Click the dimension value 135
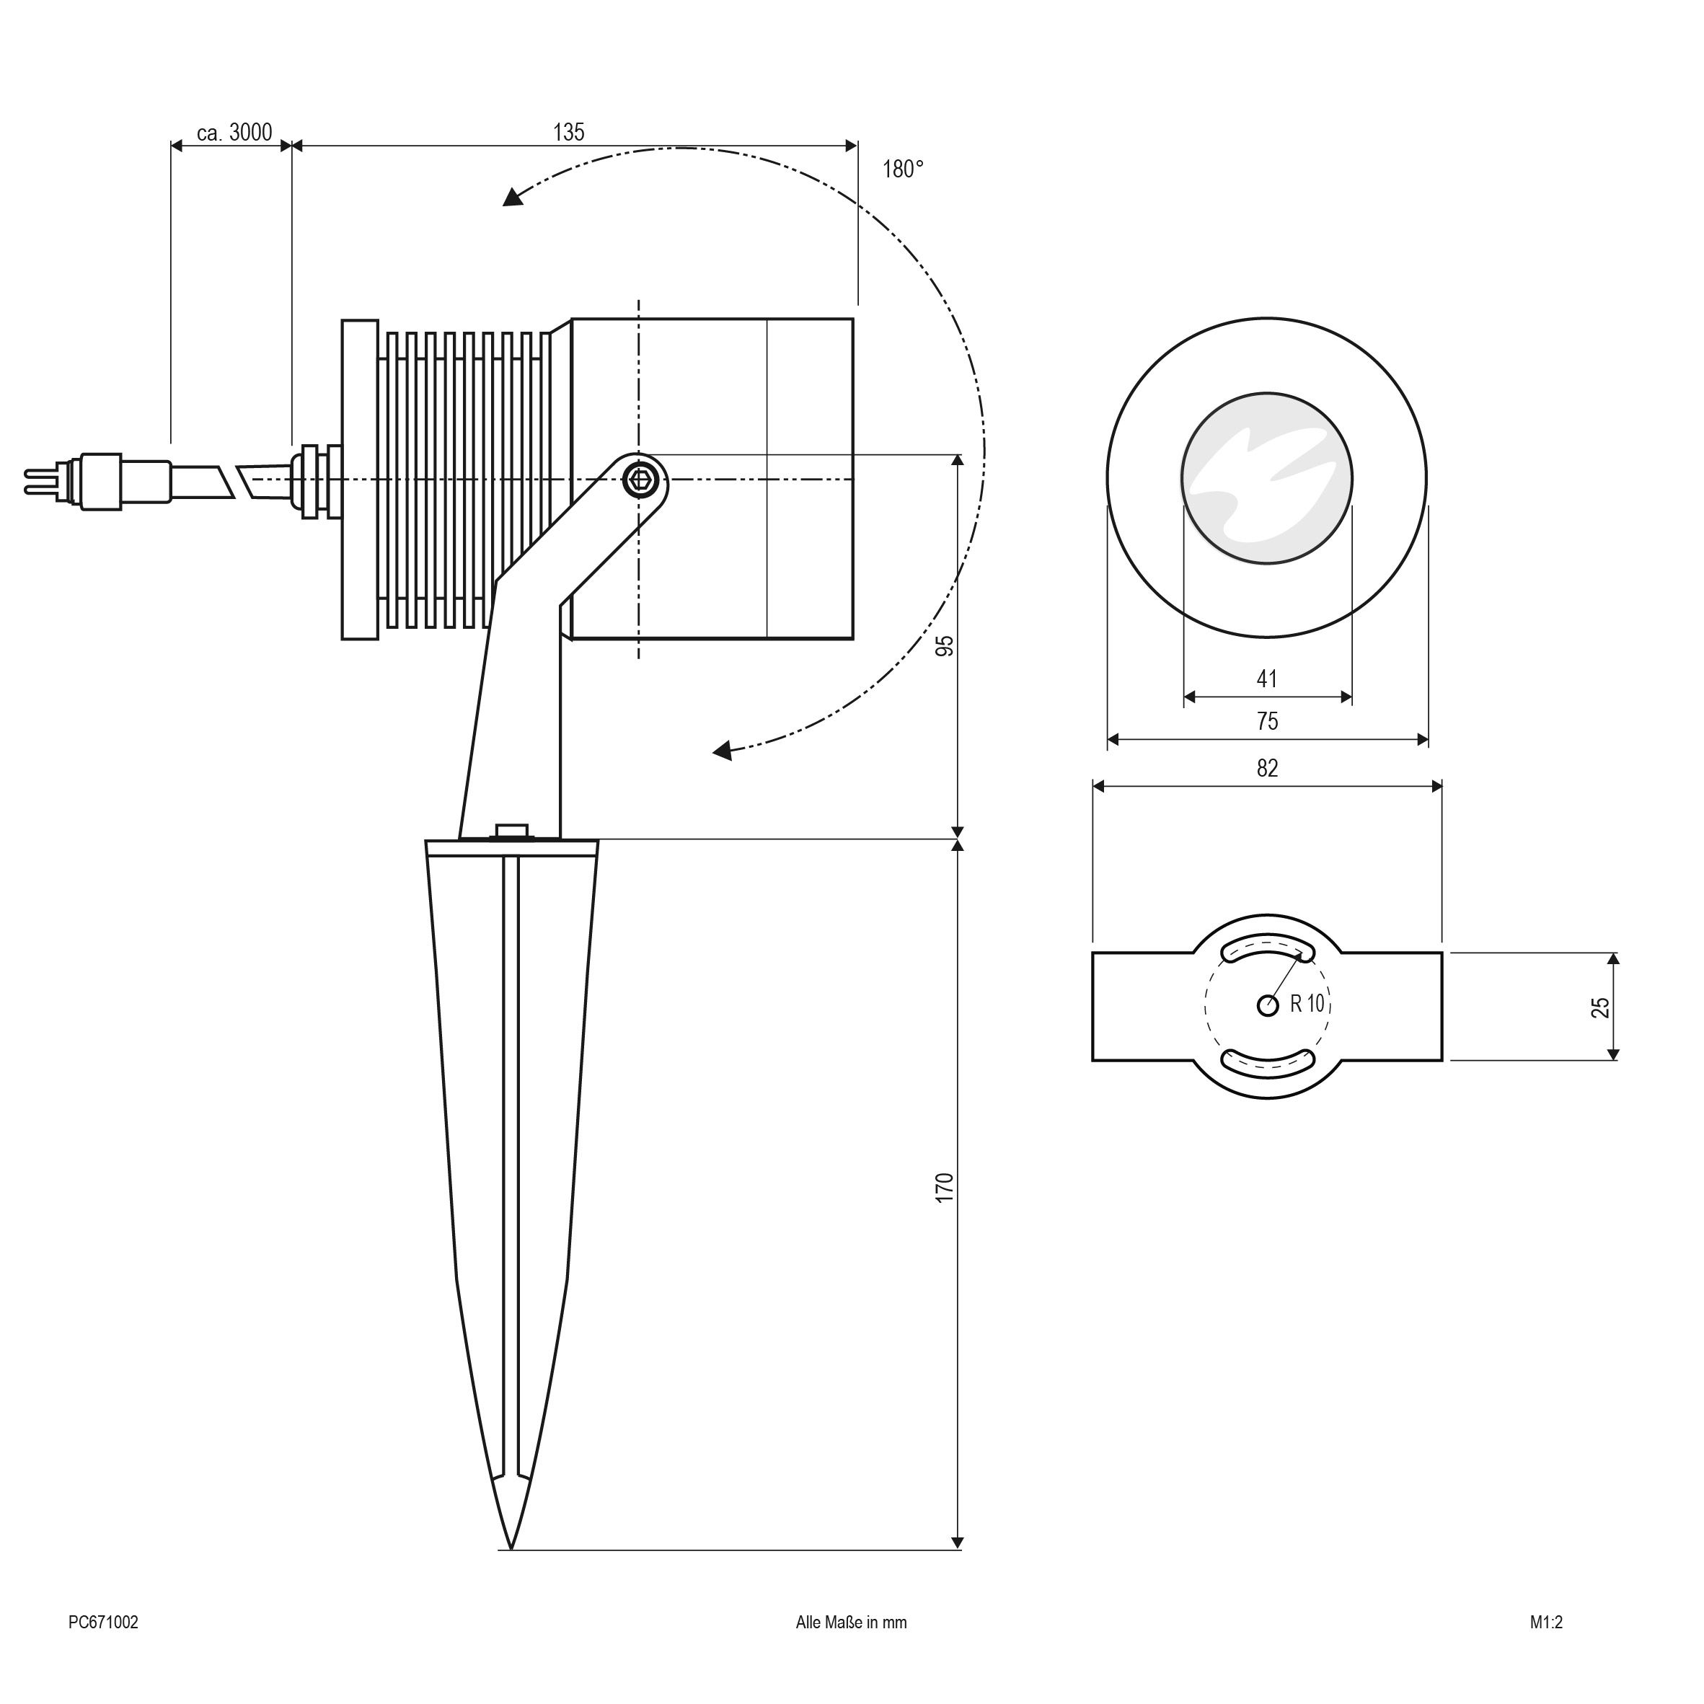(568, 132)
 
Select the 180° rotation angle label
(902, 169)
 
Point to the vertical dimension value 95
(945, 645)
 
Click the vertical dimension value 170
(945, 1187)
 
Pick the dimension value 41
(1266, 679)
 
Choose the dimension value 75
(1266, 721)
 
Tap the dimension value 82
(1266, 768)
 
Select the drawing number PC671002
(103, 1646)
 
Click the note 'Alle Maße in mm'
(850, 1646)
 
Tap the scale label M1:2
(1546, 1646)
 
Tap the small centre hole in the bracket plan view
(1268, 1005)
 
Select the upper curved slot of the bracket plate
(1268, 950)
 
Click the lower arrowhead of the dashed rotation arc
(723, 751)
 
